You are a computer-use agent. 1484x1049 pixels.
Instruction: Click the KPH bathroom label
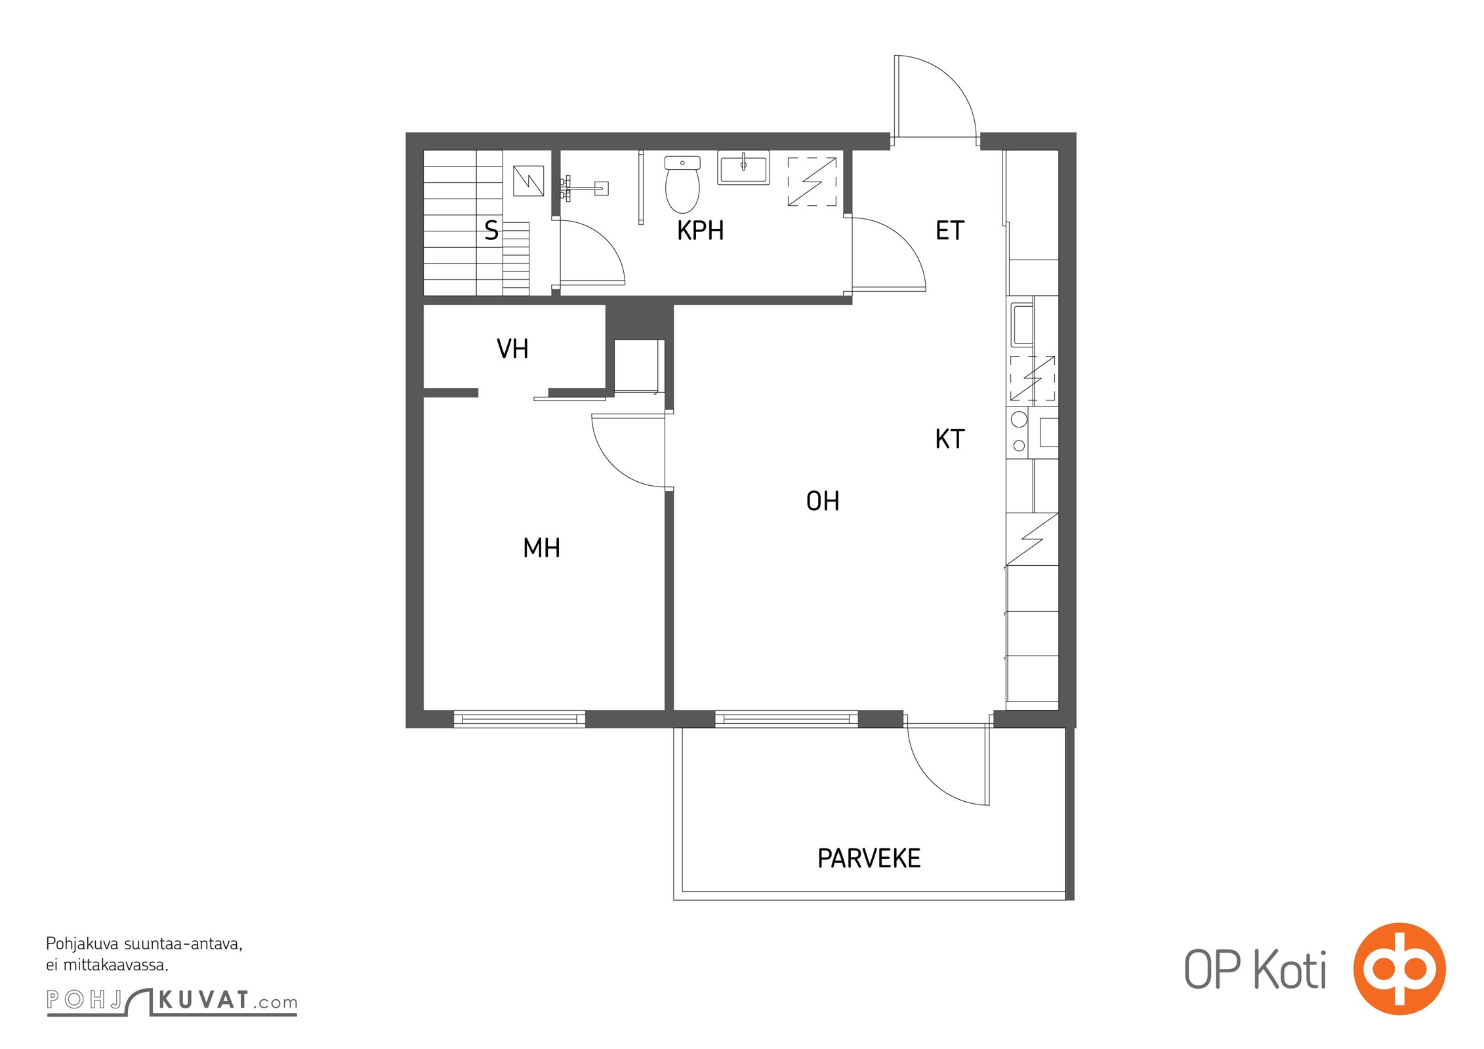pos(700,231)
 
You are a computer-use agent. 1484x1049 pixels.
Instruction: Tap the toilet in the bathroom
pos(682,184)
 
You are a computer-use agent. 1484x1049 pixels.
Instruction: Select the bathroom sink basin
pos(743,168)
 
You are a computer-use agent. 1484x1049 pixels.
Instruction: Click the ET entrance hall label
pos(949,231)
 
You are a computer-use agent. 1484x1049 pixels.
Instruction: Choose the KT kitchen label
pos(949,439)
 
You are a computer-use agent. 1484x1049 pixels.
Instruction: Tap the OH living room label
pos(822,502)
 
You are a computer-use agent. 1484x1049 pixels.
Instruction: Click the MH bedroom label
pos(541,548)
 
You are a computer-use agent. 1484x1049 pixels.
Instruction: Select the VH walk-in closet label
pos(512,349)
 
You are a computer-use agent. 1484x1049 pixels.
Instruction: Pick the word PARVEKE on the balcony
pos(869,859)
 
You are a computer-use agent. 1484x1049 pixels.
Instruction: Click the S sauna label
pos(491,231)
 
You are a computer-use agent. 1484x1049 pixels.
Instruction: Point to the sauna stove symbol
pos(528,181)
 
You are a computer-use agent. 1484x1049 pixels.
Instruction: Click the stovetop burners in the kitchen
pos(1019,432)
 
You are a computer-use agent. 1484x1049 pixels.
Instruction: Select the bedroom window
pos(520,719)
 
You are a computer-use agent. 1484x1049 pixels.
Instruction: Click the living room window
pos(786,719)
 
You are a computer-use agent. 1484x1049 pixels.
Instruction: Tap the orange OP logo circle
pos(1399,969)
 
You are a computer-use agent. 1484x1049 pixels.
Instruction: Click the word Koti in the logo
pos(1290,970)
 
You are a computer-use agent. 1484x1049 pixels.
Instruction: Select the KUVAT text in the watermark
pos(204,1000)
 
